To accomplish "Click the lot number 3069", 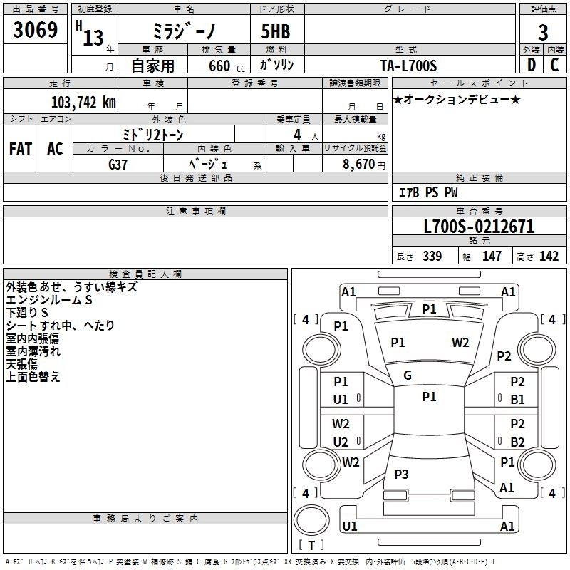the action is tap(35, 30).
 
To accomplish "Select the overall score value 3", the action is tap(543, 33).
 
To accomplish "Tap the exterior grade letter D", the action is tap(532, 65).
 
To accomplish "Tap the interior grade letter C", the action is tap(554, 65).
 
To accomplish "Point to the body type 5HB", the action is tap(276, 31).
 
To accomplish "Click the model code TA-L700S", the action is tap(408, 66).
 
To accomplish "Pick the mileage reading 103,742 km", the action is tap(83, 103).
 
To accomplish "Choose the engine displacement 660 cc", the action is tap(227, 66).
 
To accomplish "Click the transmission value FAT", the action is tap(21, 149).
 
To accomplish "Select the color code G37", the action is tap(118, 165).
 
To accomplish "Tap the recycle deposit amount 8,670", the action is tap(358, 165).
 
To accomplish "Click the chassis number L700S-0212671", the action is tap(479, 227).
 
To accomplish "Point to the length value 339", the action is tap(432, 256).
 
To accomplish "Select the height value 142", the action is tap(549, 256).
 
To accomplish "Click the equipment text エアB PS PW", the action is tap(428, 192).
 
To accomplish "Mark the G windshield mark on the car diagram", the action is tap(408, 375).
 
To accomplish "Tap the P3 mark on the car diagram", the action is tap(401, 474).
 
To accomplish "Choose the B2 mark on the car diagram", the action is tap(517, 442).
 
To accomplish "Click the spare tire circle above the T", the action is tap(311, 520).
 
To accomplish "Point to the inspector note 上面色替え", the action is tap(33, 377).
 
